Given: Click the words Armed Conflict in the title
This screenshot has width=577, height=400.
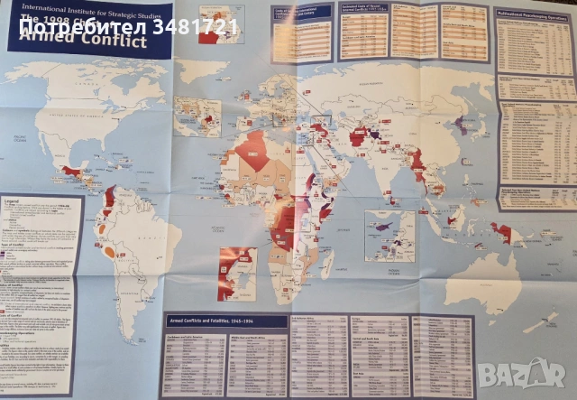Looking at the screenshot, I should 83,42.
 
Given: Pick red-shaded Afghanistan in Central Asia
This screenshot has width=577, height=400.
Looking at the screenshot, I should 358,138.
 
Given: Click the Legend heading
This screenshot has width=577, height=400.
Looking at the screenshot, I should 12,200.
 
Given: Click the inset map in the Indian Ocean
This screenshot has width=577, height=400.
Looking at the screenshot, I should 389,236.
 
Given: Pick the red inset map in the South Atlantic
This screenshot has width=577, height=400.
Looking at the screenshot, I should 237,274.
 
